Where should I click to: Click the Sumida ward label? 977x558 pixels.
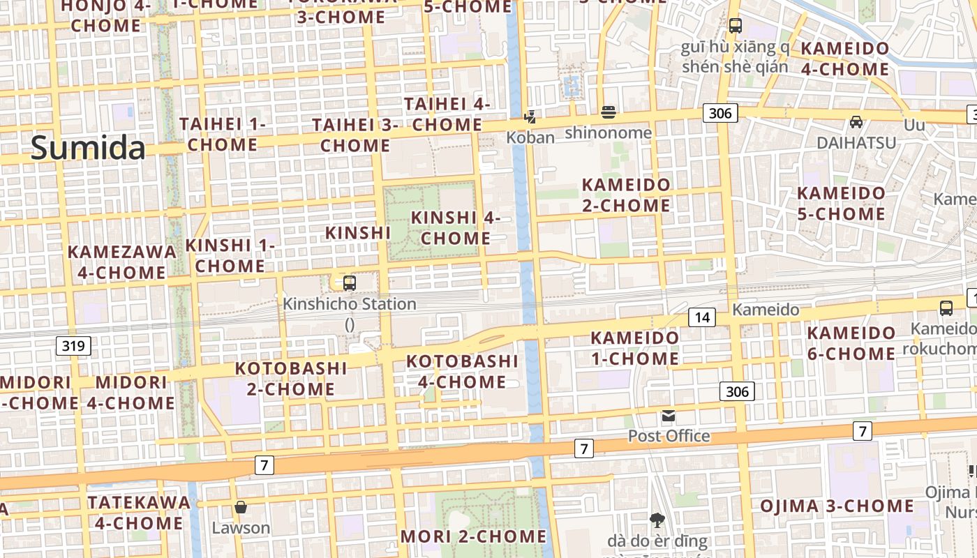[x=88, y=148]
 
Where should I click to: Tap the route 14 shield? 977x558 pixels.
[x=702, y=317]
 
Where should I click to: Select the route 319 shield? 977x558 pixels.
[x=73, y=345]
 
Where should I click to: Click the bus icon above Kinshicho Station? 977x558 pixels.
[x=350, y=283]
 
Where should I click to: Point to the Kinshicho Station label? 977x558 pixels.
[x=350, y=304]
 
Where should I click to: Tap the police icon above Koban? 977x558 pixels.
[x=530, y=116]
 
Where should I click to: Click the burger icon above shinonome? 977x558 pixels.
[x=609, y=112]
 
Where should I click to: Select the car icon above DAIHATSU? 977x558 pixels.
[x=856, y=122]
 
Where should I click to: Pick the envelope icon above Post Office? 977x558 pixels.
[x=669, y=416]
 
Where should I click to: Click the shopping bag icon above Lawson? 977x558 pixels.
[x=241, y=507]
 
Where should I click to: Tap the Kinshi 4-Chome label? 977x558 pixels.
[x=456, y=227]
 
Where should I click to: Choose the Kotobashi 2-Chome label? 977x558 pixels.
[x=291, y=378]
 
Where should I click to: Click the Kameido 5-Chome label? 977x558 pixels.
[x=841, y=203]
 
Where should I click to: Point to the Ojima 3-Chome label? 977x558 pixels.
[x=837, y=506]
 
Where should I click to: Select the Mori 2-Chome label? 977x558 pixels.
[x=474, y=536]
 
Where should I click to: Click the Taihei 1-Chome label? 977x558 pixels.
[x=223, y=134]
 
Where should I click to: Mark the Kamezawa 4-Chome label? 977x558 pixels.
[x=122, y=262]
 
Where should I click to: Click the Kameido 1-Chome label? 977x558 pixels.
[x=634, y=348]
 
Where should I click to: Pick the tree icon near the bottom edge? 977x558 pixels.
[x=657, y=519]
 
